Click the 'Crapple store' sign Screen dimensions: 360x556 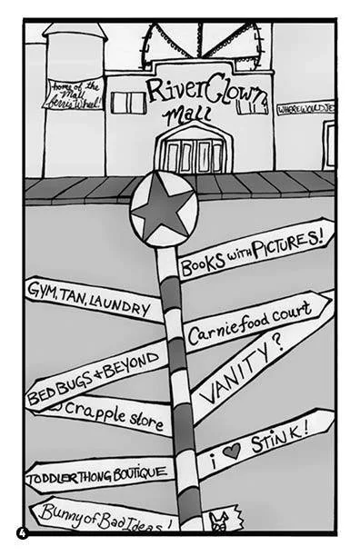[x=107, y=420]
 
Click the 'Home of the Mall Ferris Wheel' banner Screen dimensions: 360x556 [x=73, y=94]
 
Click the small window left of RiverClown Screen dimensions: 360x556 [x=128, y=103]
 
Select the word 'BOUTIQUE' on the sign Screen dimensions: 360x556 [x=137, y=472]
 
